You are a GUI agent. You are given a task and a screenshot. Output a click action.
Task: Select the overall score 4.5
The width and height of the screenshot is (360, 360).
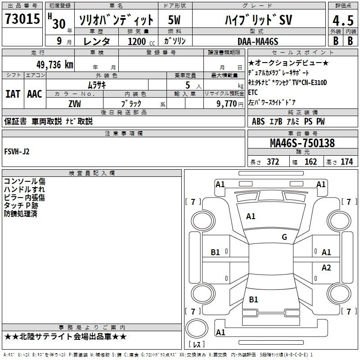point(342,21)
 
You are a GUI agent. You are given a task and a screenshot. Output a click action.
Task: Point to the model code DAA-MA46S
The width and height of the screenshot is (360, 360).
point(258,41)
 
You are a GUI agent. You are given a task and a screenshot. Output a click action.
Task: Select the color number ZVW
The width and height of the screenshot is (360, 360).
point(75,103)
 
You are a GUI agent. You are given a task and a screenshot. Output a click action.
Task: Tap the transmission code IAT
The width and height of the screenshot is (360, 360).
point(13,94)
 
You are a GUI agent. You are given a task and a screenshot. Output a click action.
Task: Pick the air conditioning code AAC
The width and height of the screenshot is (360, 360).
point(34,94)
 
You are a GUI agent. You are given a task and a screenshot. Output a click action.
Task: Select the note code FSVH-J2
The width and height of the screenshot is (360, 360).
point(17,152)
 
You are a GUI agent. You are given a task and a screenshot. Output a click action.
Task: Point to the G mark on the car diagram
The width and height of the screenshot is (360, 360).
point(284,237)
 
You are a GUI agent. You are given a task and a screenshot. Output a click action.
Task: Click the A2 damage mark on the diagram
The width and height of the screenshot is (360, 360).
point(326,268)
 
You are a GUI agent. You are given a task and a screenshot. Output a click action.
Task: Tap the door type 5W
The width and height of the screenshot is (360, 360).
point(174,20)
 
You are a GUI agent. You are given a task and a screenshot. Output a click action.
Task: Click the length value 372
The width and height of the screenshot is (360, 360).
point(273,162)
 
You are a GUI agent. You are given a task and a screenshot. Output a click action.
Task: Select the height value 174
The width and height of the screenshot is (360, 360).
point(346,162)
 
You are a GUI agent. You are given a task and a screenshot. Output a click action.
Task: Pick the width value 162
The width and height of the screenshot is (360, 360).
point(310,162)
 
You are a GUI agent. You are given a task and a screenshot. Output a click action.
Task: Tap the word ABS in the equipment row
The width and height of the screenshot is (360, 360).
point(258,121)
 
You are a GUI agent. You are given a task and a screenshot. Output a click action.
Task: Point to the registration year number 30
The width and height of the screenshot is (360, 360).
point(59,24)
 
